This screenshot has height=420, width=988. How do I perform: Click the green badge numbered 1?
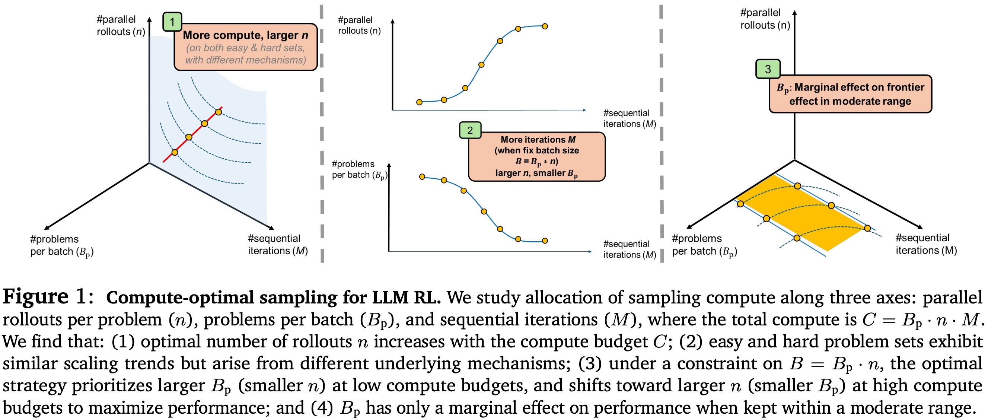tap(172, 22)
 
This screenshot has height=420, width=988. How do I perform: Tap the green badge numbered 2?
tap(470, 130)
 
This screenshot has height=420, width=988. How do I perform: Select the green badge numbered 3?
tap(768, 69)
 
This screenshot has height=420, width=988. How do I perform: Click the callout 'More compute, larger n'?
tap(245, 47)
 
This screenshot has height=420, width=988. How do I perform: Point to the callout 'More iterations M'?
tap(536, 156)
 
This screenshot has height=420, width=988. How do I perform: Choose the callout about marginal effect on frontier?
tap(850, 94)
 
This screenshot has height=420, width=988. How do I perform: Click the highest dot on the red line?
tap(218, 112)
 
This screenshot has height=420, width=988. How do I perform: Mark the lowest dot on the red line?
tap(175, 152)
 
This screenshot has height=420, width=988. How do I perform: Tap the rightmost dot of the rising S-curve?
tap(545, 26)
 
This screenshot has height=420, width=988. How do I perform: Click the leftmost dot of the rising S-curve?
tap(419, 102)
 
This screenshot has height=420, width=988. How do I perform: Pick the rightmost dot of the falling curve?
tap(545, 241)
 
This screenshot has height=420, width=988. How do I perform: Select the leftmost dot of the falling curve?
tap(422, 177)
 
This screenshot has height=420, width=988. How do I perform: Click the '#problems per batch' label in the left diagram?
tap(61, 245)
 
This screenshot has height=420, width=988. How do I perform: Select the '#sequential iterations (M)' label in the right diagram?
tap(926, 244)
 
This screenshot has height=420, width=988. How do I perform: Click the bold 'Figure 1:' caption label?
tap(48, 296)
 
